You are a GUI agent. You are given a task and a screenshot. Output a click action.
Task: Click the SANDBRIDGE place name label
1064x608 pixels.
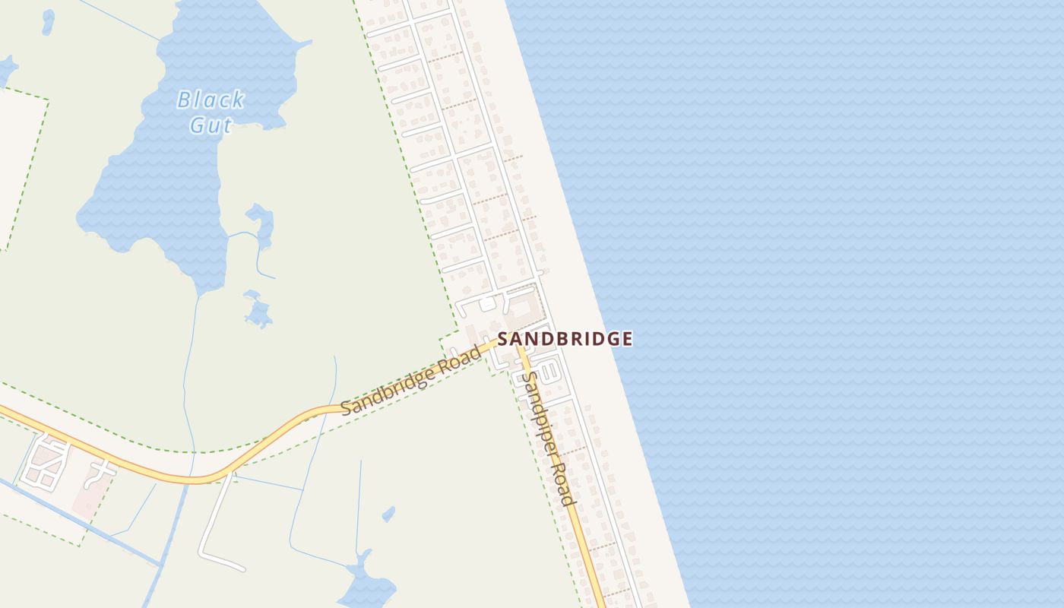[565, 339]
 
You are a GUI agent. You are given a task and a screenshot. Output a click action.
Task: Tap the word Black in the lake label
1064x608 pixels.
[211, 100]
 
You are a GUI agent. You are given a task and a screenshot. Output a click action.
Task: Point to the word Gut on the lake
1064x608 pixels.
[211, 125]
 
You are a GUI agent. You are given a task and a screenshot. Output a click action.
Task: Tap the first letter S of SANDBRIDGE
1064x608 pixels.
[503, 339]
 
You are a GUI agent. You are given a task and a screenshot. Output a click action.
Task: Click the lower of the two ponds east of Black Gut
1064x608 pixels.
[258, 312]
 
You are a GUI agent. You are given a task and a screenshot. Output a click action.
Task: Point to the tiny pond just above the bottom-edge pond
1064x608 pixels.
[388, 515]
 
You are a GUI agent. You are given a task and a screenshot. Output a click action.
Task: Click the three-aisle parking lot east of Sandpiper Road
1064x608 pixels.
[553, 373]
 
